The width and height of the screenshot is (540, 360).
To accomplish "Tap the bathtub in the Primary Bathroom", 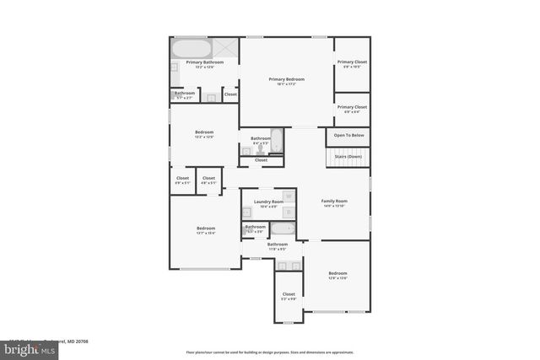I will pyautogui.click(x=193, y=47).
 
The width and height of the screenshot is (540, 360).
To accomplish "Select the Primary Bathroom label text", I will pyautogui.click(x=205, y=62).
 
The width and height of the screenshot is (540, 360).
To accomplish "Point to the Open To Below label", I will pyautogui.click(x=348, y=135).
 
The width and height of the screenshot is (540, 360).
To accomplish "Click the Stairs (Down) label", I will pyautogui.click(x=348, y=156).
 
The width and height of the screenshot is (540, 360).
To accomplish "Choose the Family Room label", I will pyautogui.click(x=334, y=201).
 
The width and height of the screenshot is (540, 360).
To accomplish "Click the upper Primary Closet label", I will pyautogui.click(x=352, y=62).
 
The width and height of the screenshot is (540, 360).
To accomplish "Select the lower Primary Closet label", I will pyautogui.click(x=352, y=107).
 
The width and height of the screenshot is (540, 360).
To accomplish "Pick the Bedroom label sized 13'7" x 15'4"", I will pyautogui.click(x=206, y=228).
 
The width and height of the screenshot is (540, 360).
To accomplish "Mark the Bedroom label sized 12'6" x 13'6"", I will pyautogui.click(x=337, y=273).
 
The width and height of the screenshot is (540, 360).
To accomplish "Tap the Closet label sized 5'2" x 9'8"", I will pyautogui.click(x=289, y=294).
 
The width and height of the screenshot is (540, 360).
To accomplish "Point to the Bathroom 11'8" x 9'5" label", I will pyautogui.click(x=278, y=244).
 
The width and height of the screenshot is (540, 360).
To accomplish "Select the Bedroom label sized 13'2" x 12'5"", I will pyautogui.click(x=204, y=132).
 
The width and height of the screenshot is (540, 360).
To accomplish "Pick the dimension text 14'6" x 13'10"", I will pyautogui.click(x=334, y=206).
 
